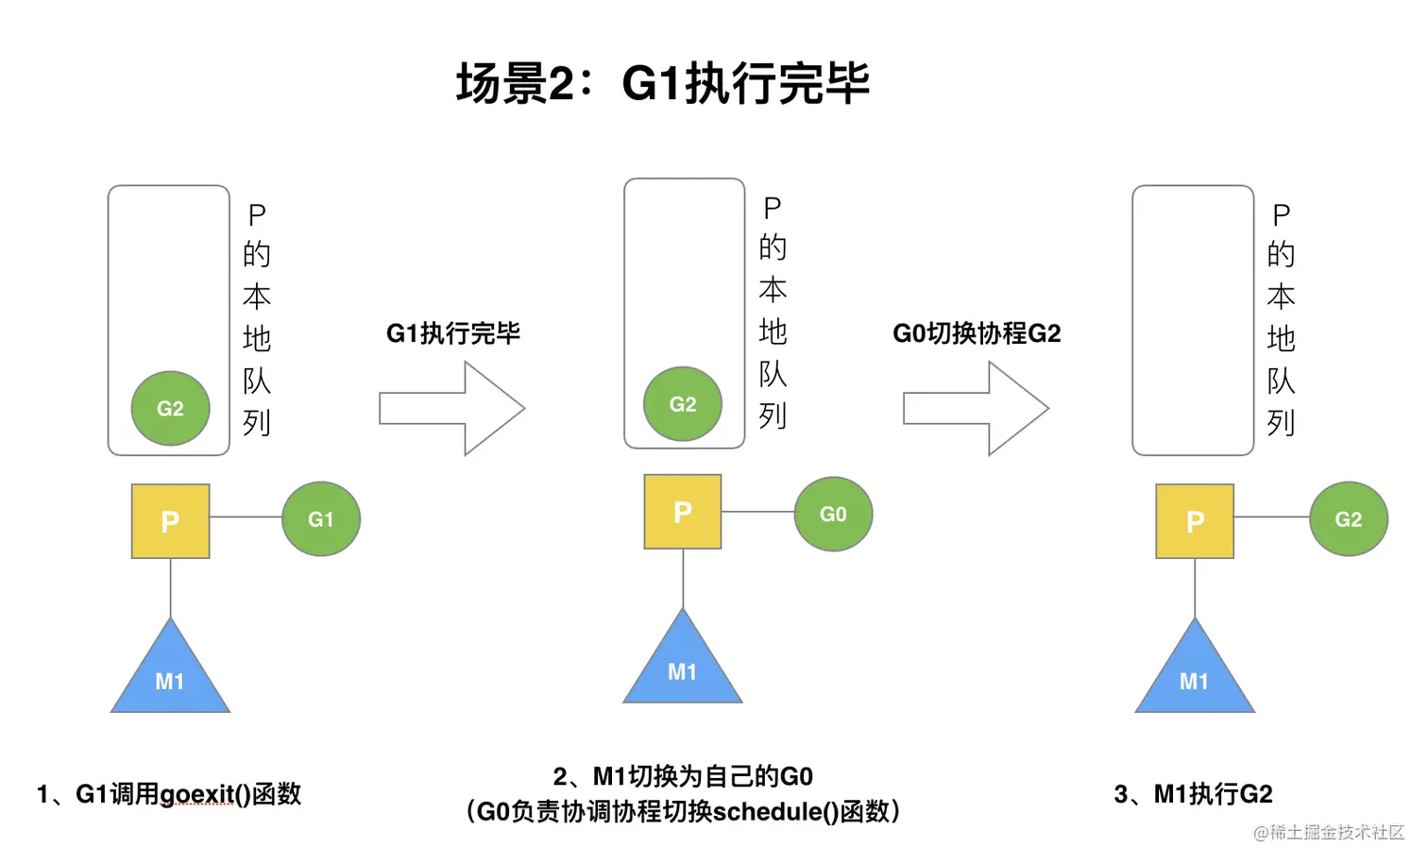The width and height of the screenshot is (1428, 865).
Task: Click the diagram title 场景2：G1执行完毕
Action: tap(662, 83)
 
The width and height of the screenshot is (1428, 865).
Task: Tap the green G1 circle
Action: tap(321, 519)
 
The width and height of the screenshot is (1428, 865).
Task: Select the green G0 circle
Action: tap(833, 515)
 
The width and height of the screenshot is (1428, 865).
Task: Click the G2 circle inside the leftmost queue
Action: tap(170, 408)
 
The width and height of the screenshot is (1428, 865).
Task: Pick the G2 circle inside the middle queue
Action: tap(682, 404)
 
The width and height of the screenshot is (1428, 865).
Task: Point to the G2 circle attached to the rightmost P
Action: tap(1348, 519)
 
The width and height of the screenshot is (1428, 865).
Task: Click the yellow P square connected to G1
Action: tap(170, 521)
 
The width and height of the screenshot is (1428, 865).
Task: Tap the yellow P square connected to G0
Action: tap(682, 512)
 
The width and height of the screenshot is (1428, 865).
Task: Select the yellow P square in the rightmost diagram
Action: tap(1195, 521)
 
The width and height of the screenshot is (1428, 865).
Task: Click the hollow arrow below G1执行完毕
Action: tap(452, 409)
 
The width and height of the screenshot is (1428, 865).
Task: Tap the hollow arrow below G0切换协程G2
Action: tap(976, 409)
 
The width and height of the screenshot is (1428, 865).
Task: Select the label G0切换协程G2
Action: tap(977, 333)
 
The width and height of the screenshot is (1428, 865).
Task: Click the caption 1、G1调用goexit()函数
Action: tap(169, 794)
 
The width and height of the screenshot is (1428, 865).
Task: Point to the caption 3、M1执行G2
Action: tap(1193, 794)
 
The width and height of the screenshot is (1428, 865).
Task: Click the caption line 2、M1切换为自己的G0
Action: tap(682, 776)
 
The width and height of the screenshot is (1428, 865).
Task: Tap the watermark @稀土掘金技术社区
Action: tap(1328, 832)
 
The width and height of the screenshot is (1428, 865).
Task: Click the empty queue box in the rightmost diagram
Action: tap(1193, 320)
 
